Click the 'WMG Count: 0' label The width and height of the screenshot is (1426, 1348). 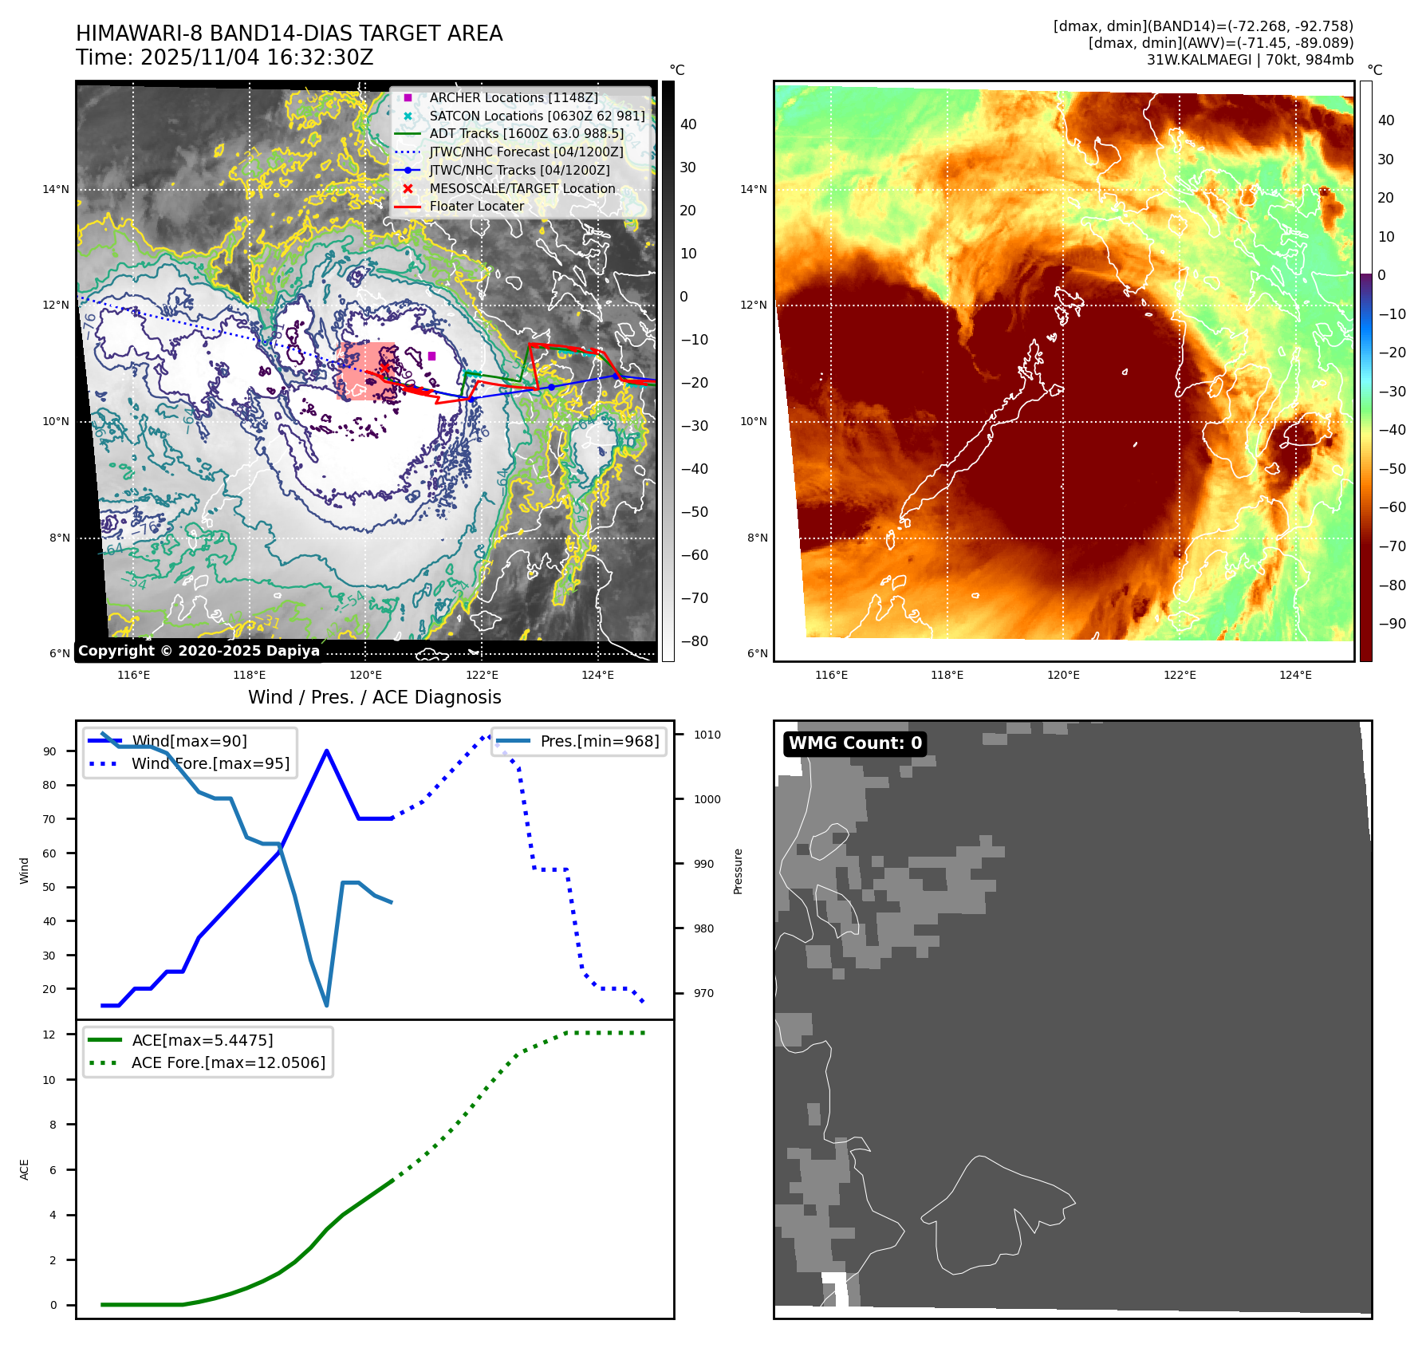coord(855,743)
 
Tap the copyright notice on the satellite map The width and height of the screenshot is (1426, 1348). coord(199,651)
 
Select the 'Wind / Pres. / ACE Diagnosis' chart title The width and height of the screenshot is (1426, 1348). coord(374,697)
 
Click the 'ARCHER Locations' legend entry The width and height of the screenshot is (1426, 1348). coord(513,97)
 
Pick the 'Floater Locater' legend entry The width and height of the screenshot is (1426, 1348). coord(476,206)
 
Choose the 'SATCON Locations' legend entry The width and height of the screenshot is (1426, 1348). coord(536,116)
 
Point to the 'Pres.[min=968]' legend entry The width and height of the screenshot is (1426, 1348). coord(599,741)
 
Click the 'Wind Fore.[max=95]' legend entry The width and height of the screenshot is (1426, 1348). coord(210,763)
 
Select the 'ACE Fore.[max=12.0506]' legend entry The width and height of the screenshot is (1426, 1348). coord(228,1062)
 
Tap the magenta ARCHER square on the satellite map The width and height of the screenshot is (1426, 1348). coord(431,356)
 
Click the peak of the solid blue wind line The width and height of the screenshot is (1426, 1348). coord(327,751)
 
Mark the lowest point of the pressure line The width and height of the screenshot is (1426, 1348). coord(327,1005)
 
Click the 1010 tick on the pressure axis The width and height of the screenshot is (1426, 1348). coord(707,735)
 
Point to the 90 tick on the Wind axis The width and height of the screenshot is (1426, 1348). coord(50,751)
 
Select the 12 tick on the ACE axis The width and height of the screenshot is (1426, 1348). coord(49,1035)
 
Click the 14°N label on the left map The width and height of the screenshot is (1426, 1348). coord(56,190)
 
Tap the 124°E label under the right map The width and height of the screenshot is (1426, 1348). coord(1295,675)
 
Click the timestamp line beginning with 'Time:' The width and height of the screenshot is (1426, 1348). coord(225,57)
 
